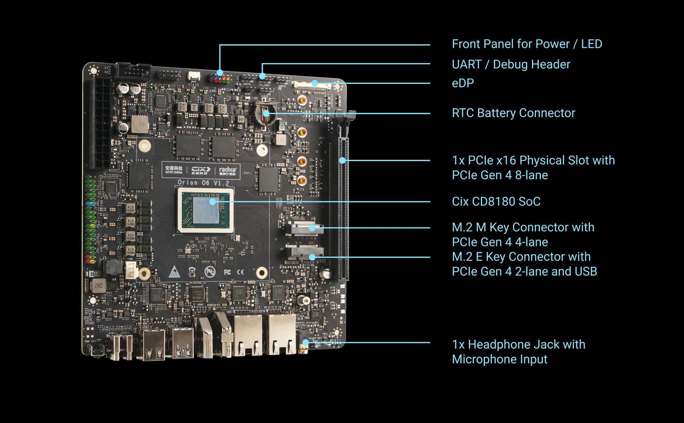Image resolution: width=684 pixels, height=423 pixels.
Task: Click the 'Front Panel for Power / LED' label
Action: tap(527, 44)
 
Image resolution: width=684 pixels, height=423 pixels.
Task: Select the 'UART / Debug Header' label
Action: tap(511, 65)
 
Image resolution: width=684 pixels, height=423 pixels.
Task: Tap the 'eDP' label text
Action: tap(463, 83)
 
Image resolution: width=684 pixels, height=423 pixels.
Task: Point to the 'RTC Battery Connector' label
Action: tap(513, 113)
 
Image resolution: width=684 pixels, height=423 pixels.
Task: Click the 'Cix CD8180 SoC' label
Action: tap(496, 202)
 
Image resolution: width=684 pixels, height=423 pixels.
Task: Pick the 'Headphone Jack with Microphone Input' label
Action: tap(518, 352)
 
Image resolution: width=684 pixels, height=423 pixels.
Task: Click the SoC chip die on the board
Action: tap(206, 210)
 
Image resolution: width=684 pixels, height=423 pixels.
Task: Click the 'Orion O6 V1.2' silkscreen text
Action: tap(203, 183)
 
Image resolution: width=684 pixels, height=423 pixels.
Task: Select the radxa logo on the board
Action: tap(228, 171)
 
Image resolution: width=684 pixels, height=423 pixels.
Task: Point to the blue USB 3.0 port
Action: tap(183, 344)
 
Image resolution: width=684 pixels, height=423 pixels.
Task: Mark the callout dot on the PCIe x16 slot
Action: tap(342, 160)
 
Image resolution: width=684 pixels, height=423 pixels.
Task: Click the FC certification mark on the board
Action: tap(227, 272)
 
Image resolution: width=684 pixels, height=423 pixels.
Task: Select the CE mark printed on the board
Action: tap(240, 272)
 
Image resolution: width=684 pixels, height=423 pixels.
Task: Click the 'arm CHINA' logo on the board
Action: tap(174, 170)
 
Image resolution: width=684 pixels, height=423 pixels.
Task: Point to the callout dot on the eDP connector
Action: tap(314, 84)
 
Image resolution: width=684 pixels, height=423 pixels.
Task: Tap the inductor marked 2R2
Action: tap(99, 286)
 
